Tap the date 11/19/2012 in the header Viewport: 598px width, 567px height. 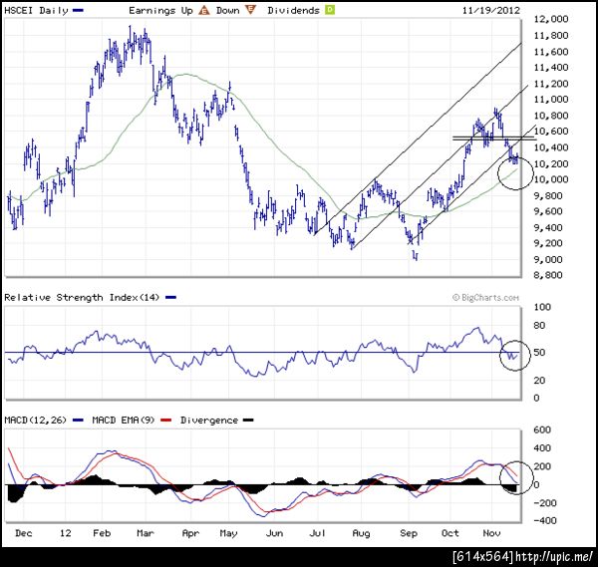[491, 10]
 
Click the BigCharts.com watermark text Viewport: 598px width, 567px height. [485, 297]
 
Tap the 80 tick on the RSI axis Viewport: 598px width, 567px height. [539, 325]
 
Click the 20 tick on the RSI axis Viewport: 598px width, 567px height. [539, 380]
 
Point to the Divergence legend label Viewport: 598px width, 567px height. [209, 420]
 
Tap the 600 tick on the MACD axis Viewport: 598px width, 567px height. [543, 429]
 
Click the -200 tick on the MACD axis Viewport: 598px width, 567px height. [545, 502]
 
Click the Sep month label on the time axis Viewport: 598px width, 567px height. [410, 534]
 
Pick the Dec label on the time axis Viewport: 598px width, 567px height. [21, 534]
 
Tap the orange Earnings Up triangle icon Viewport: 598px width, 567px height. [204, 10]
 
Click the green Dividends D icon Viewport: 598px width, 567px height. [330, 10]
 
